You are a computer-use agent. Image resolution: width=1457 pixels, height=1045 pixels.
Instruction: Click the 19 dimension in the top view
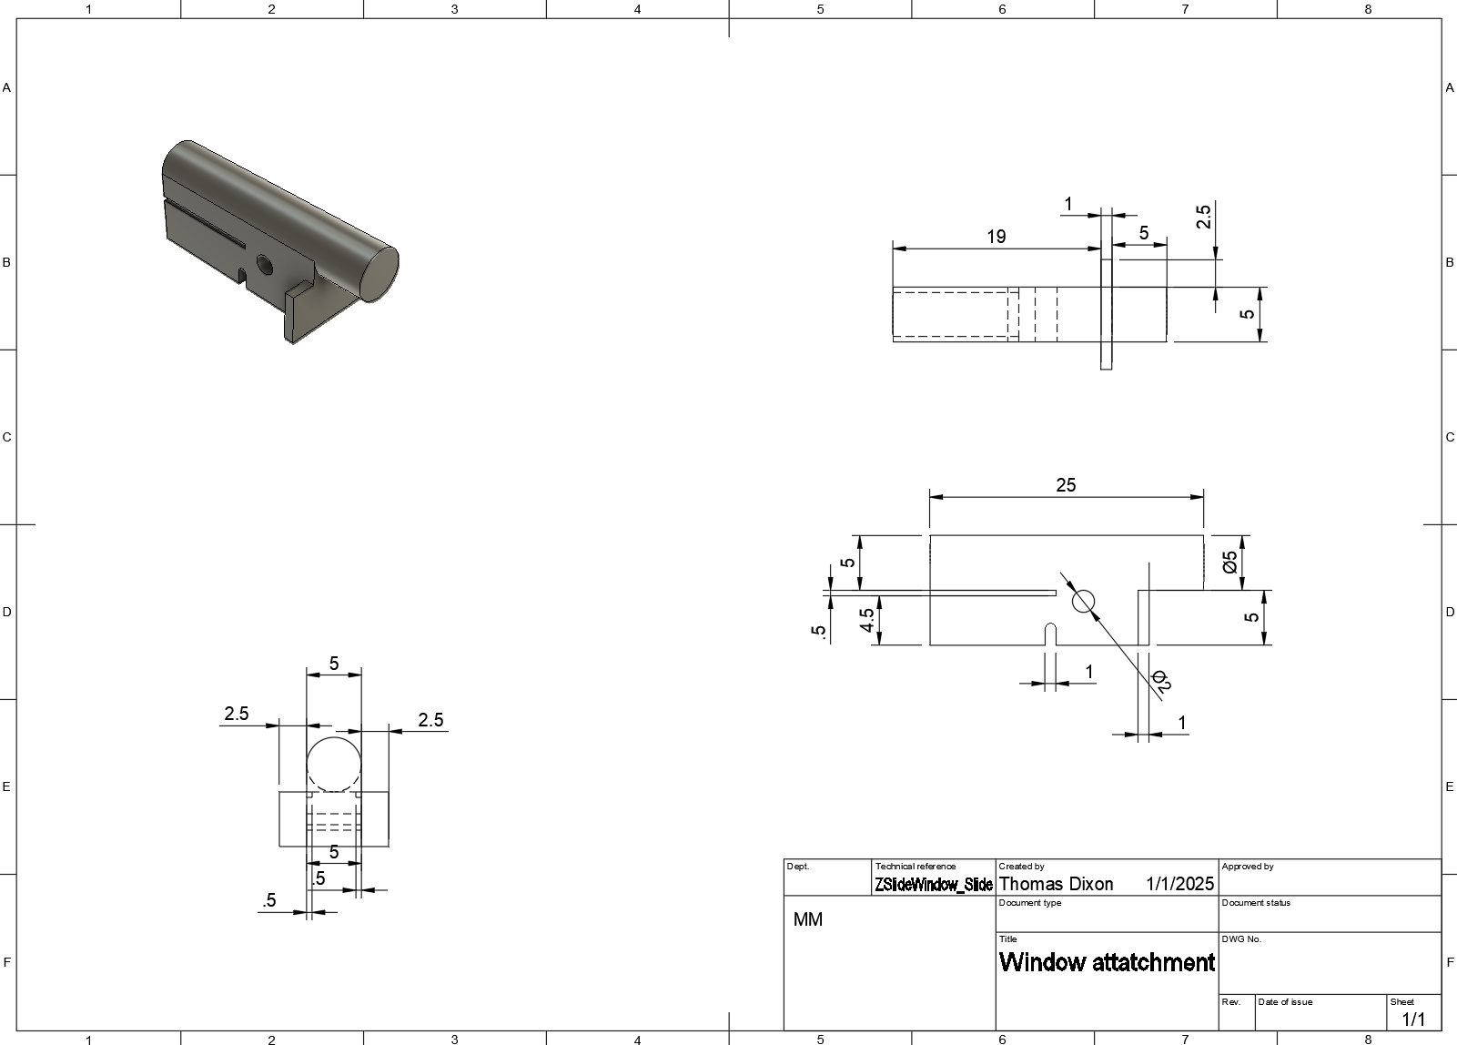click(996, 237)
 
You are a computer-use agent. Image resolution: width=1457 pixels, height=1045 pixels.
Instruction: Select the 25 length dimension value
click(1066, 485)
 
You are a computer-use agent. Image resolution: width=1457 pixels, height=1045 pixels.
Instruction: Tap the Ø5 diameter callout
click(1230, 562)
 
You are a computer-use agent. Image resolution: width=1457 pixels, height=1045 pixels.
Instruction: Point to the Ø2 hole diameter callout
click(1159, 681)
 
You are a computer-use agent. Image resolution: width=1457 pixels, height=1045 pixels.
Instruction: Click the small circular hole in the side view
click(1083, 601)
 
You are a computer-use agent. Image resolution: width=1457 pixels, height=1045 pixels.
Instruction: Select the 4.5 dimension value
click(867, 620)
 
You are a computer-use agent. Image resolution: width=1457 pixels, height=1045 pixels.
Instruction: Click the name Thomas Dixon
click(1056, 884)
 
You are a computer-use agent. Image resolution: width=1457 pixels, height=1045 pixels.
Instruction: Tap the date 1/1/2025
click(1179, 884)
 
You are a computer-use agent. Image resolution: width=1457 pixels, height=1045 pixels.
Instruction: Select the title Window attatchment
click(1107, 962)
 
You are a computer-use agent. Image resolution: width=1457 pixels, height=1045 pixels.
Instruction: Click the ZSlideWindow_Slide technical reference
click(933, 885)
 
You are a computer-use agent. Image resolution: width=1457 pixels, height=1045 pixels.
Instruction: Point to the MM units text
click(807, 919)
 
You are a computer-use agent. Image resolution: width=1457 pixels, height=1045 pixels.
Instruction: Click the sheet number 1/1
click(1413, 1019)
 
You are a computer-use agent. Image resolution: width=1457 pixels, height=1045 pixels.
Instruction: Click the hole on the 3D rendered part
click(265, 265)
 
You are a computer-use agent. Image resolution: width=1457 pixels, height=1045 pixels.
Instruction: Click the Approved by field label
click(1247, 867)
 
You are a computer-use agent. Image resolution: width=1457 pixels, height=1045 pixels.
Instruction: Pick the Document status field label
click(1255, 903)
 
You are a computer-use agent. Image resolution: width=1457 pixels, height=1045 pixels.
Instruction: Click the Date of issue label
click(1285, 1002)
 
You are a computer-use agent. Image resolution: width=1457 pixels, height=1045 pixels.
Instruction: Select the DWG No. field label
click(1241, 939)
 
